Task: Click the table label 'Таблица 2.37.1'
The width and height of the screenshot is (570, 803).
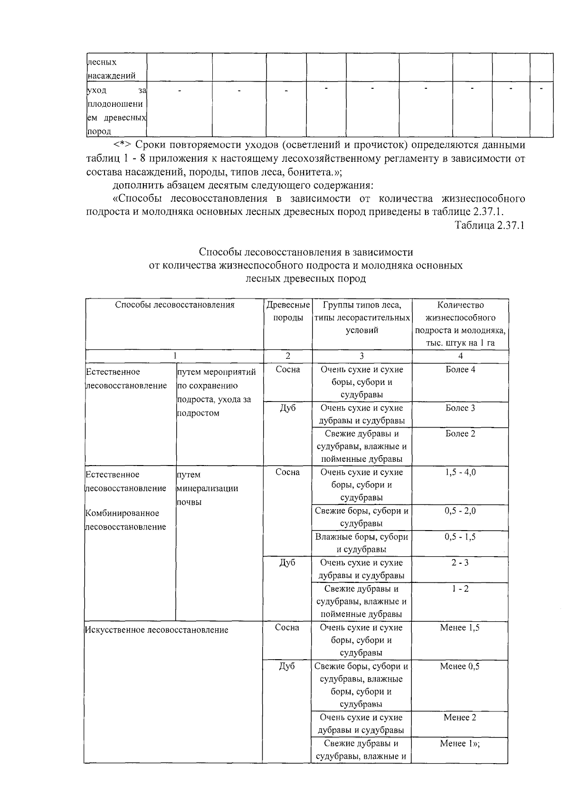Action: point(489,225)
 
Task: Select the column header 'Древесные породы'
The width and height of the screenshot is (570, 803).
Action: point(288,311)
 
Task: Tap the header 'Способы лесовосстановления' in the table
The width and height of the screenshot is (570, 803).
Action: point(174,305)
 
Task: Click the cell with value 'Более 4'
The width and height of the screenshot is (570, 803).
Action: point(460,370)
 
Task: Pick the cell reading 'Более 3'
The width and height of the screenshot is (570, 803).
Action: point(460,408)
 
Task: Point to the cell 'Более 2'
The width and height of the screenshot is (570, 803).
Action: point(460,434)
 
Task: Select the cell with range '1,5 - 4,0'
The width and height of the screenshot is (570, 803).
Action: point(460,473)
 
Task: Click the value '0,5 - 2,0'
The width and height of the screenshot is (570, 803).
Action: point(460,511)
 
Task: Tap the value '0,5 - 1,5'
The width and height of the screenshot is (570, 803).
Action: point(460,537)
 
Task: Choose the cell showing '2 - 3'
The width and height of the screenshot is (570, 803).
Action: point(460,563)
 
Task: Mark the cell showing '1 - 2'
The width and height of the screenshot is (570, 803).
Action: point(460,589)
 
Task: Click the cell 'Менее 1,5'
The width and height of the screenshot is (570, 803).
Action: point(459,628)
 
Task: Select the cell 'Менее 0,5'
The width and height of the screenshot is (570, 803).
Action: point(459,667)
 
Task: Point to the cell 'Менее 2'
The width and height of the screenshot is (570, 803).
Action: point(459,718)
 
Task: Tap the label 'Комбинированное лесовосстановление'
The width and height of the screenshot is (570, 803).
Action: point(125,520)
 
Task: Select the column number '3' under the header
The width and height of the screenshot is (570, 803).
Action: point(361,356)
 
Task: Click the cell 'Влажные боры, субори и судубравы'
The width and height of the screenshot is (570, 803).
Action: point(361,543)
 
